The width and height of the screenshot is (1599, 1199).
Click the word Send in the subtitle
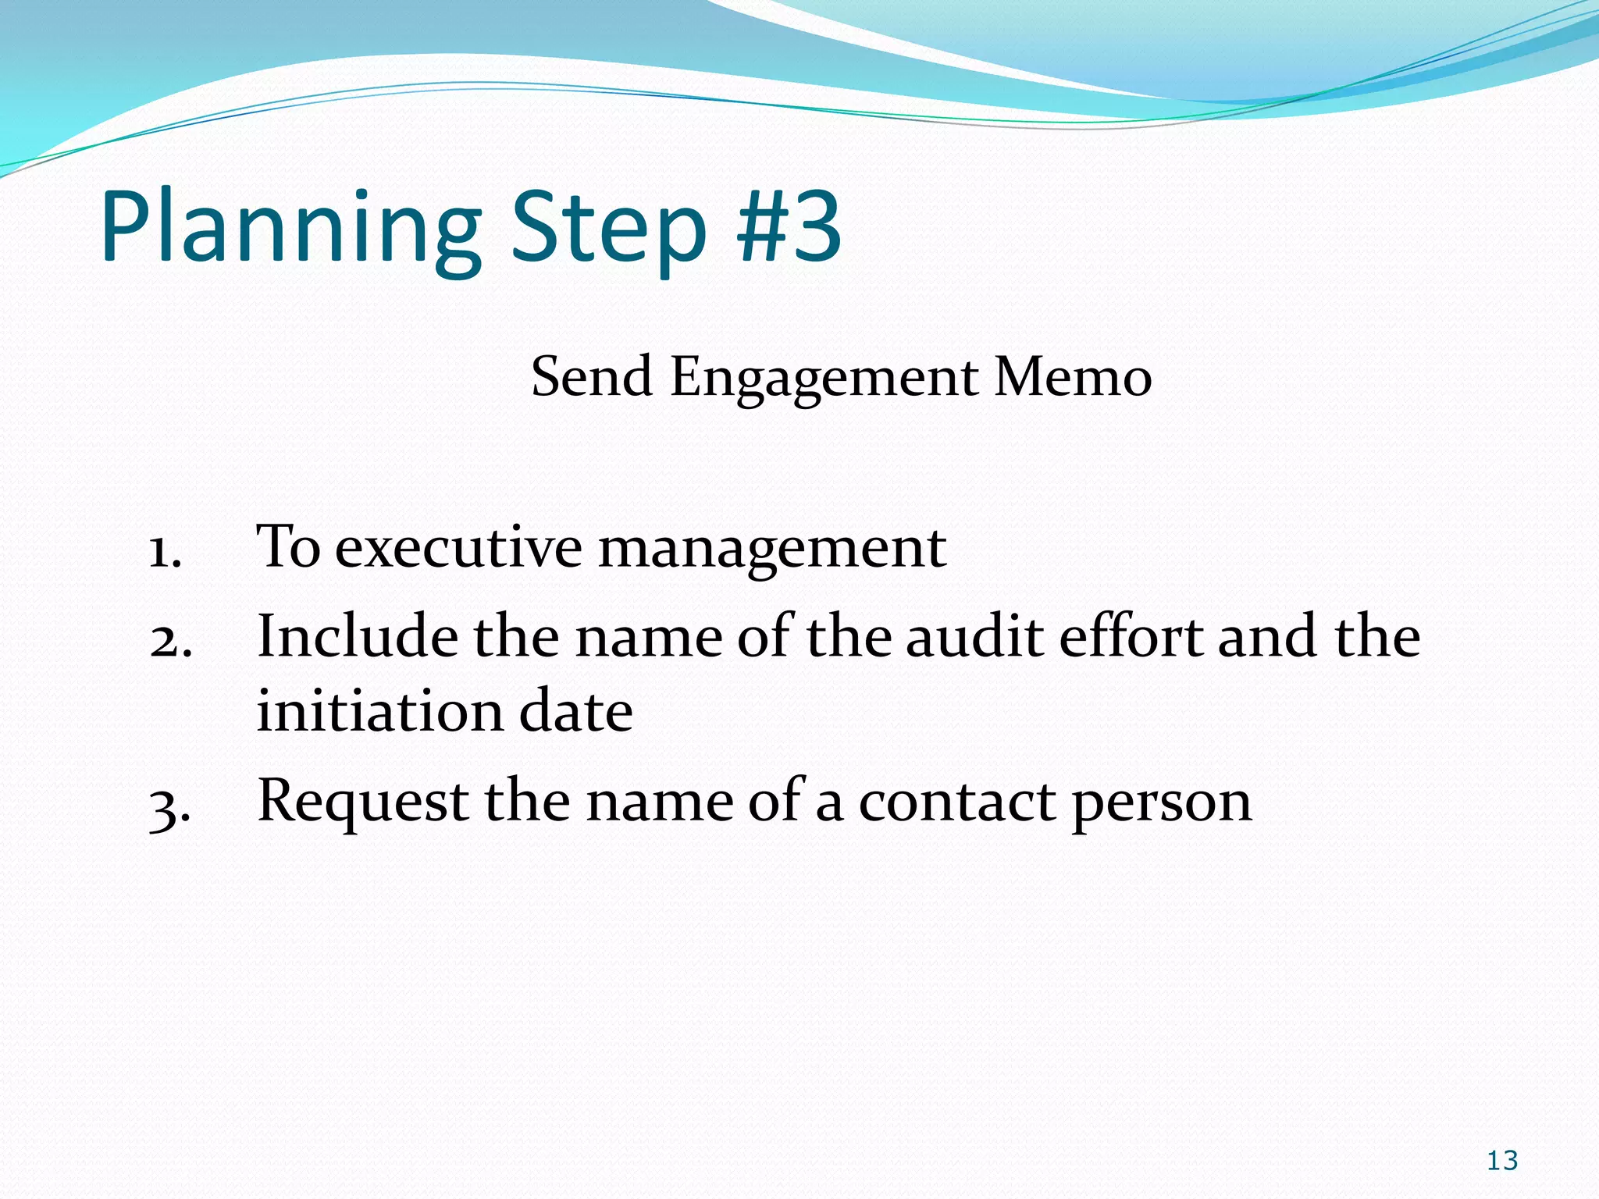[592, 377]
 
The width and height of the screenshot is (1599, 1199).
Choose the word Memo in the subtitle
[1073, 377]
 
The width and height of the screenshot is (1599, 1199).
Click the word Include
[358, 636]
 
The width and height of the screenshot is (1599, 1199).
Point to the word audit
[975, 636]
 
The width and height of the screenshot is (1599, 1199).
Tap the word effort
[1131, 636]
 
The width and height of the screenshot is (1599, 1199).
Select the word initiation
[380, 711]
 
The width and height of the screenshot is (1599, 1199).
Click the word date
[576, 711]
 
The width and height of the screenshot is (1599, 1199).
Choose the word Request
[363, 803]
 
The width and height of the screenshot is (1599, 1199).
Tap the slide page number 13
[1502, 1161]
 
